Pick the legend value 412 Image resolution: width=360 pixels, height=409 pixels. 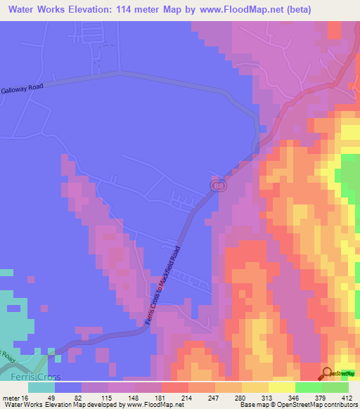(x=347, y=397)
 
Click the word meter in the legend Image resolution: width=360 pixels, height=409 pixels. (x=11, y=397)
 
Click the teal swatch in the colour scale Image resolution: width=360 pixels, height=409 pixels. (x=41, y=387)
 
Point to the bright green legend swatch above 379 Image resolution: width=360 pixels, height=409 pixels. (x=308, y=387)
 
